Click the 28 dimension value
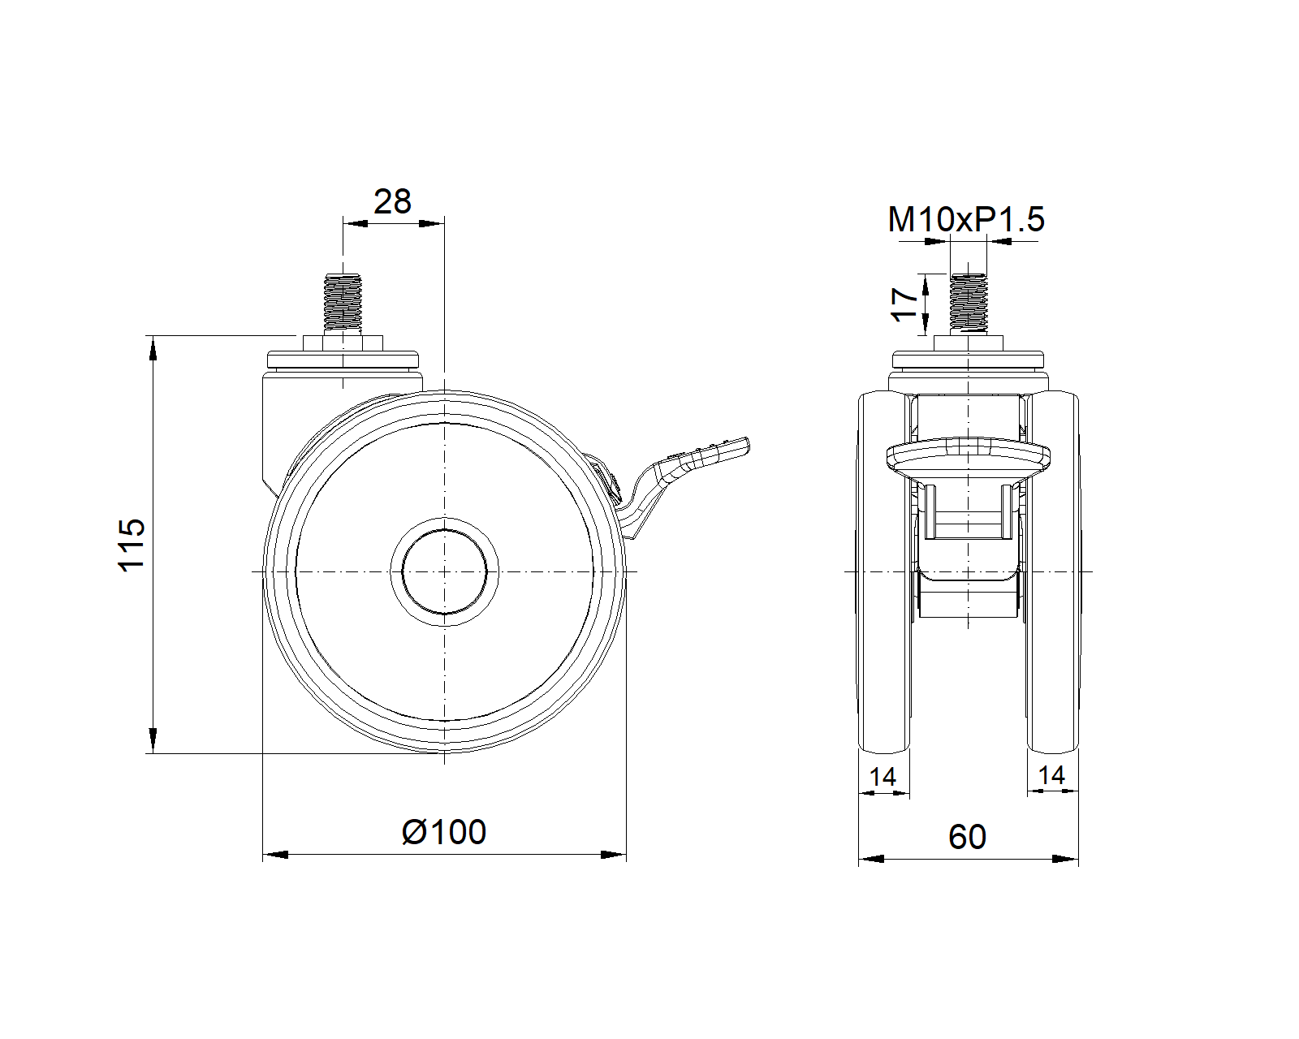[x=392, y=201]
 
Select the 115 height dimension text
[x=131, y=545]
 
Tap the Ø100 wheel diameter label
[x=443, y=832]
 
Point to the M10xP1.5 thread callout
[x=966, y=219]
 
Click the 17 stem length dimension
[x=904, y=304]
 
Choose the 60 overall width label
[x=967, y=837]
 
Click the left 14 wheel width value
[x=883, y=777]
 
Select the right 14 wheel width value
[x=1051, y=775]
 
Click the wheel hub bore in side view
[x=444, y=571]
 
